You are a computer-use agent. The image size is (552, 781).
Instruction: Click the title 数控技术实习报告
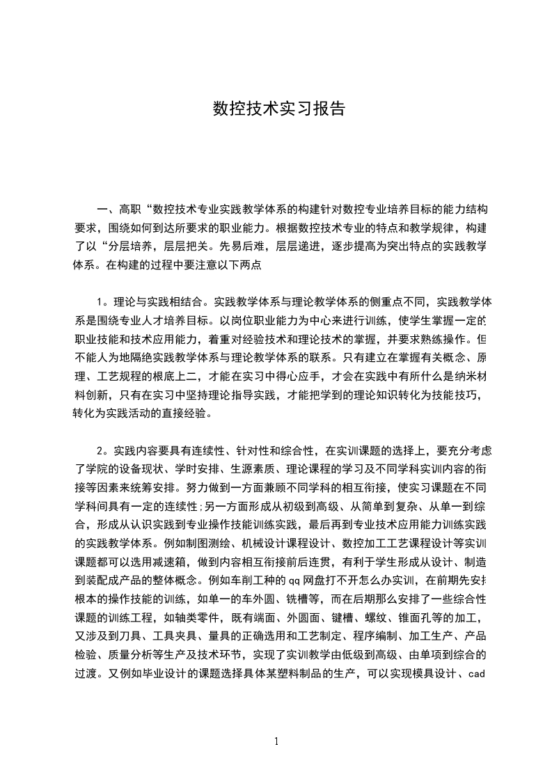pyautogui.click(x=278, y=109)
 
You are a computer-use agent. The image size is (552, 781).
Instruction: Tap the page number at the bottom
pyautogui.click(x=276, y=741)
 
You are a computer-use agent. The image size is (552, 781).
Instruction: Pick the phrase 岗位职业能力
pyautogui.click(x=278, y=320)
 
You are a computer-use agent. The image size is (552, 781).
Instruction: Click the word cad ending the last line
pyautogui.click(x=475, y=672)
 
